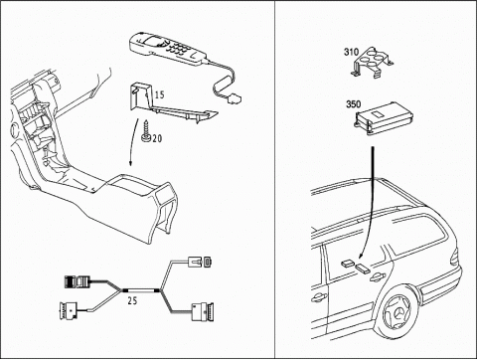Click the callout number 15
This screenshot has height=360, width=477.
(x=159, y=94)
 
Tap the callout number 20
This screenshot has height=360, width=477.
(x=157, y=138)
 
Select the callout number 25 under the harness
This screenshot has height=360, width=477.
(x=132, y=300)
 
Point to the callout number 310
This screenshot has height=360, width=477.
(x=351, y=52)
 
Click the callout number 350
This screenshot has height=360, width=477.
(x=354, y=104)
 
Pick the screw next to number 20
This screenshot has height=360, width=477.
(x=146, y=131)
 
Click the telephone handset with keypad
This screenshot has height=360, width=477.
(x=169, y=49)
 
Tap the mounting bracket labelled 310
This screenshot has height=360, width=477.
(x=373, y=63)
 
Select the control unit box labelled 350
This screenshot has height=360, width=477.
(x=385, y=117)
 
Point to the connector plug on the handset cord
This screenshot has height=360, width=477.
(x=236, y=98)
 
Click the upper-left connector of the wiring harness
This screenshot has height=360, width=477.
(x=78, y=281)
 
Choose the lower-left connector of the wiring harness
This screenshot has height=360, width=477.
(x=69, y=311)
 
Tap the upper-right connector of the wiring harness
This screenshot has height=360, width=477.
(x=200, y=262)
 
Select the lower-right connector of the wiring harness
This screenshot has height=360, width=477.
(x=203, y=312)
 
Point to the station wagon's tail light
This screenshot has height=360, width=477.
(x=454, y=258)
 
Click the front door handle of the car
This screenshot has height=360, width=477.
(x=318, y=297)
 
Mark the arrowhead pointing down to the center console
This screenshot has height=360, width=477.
(x=131, y=163)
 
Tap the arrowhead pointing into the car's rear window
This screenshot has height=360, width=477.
(x=361, y=255)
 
